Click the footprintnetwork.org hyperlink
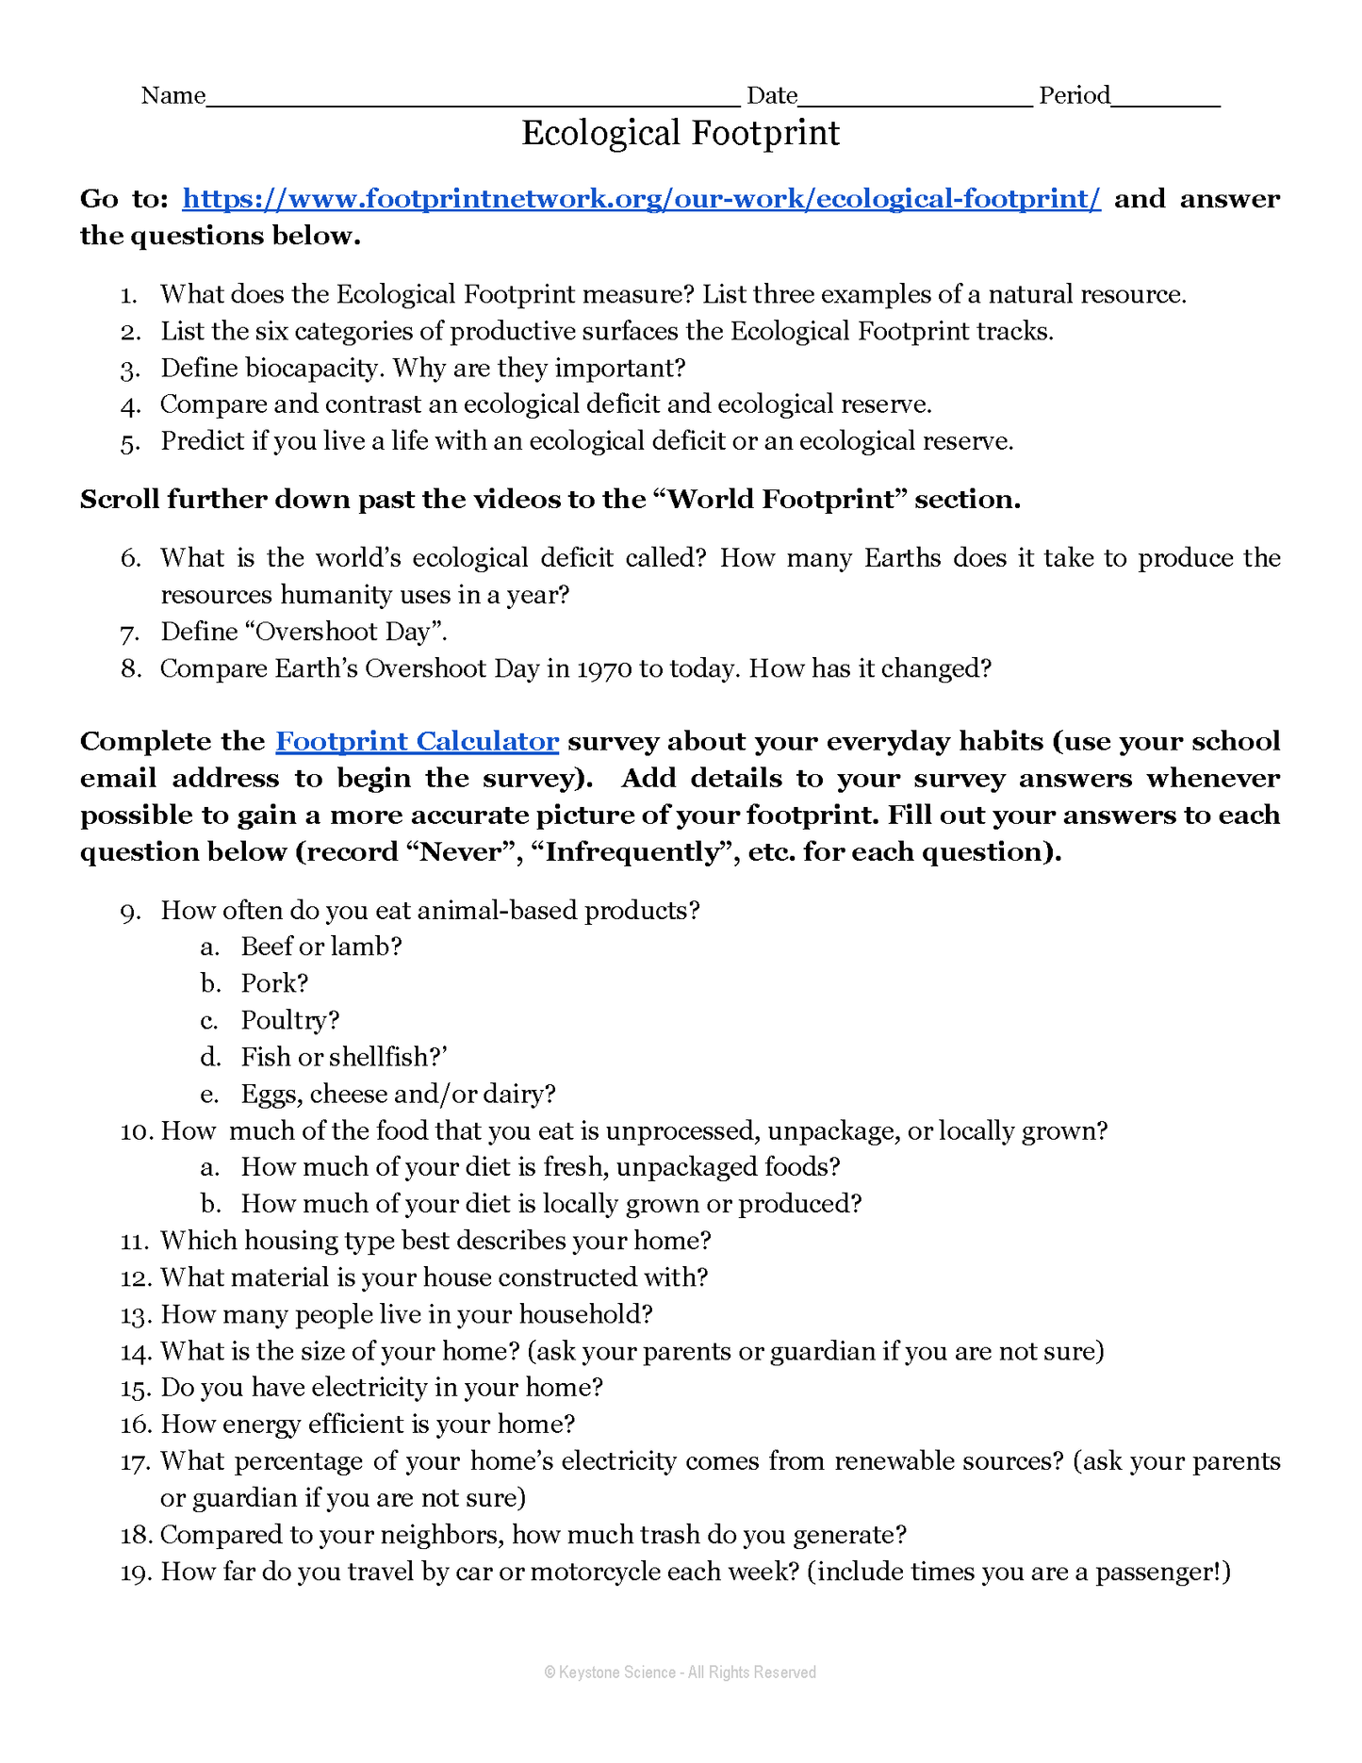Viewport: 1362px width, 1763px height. pyautogui.click(x=641, y=199)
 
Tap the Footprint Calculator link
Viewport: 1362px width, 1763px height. pyautogui.click(x=417, y=742)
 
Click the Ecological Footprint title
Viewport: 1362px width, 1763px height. pyautogui.click(x=681, y=133)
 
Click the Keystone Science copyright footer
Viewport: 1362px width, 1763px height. pyautogui.click(x=681, y=1672)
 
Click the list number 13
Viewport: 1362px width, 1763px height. pyautogui.click(x=137, y=1315)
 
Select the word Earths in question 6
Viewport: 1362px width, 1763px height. pyautogui.click(x=903, y=558)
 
